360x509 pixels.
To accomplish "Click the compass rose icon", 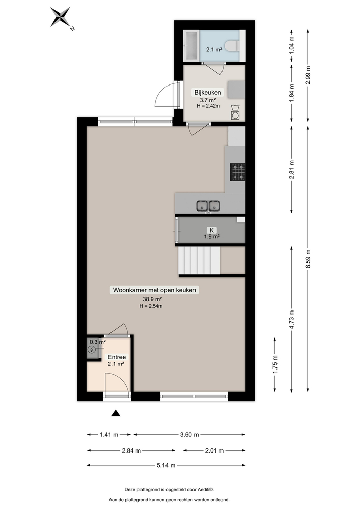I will pyautogui.click(x=62, y=17).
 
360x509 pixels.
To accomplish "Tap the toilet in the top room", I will pyautogui.click(x=233, y=46).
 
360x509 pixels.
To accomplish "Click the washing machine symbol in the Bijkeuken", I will pyautogui.click(x=235, y=112).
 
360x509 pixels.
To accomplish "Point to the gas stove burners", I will pyautogui.click(x=238, y=172).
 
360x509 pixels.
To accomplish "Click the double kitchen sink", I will pyautogui.click(x=209, y=205).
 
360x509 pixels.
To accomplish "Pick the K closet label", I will pyautogui.click(x=212, y=230).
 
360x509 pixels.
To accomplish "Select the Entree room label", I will pyautogui.click(x=117, y=357).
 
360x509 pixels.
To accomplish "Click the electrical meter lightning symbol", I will pyautogui.click(x=92, y=350).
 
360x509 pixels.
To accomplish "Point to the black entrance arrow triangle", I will pyautogui.click(x=116, y=413).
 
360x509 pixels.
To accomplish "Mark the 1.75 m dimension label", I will pyautogui.click(x=275, y=365).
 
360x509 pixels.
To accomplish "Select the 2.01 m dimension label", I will pyautogui.click(x=214, y=450).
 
